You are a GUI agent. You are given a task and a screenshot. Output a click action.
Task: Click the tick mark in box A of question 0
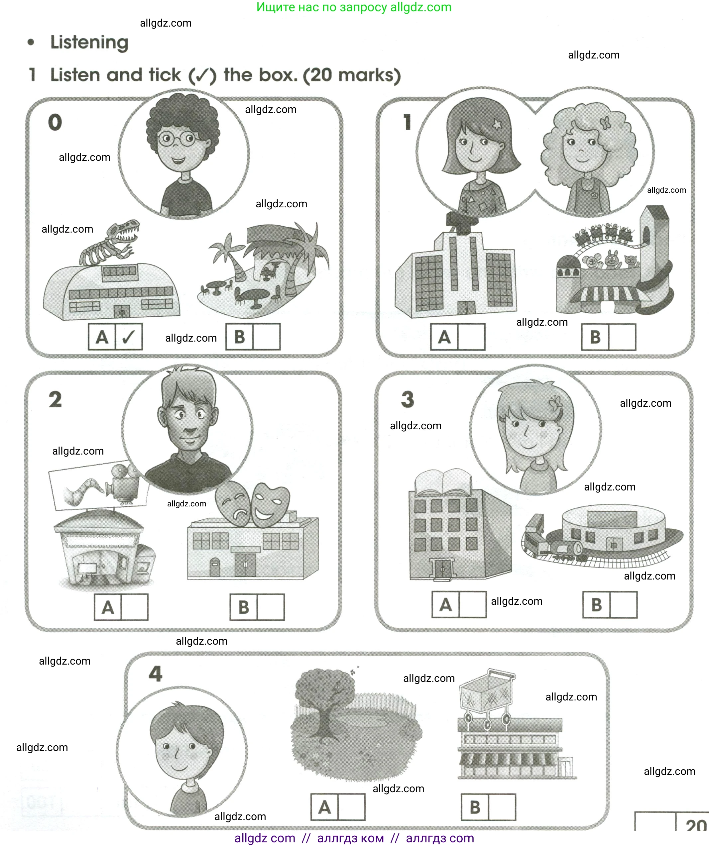pyautogui.click(x=128, y=337)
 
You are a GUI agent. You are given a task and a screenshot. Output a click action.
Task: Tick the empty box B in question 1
pyautogui.click(x=622, y=337)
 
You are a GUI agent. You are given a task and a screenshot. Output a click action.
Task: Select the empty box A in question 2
pyautogui.click(x=134, y=607)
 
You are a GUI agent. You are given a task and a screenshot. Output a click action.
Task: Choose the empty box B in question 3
pyautogui.click(x=624, y=605)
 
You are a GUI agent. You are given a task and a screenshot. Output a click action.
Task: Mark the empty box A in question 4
pyautogui.click(x=351, y=807)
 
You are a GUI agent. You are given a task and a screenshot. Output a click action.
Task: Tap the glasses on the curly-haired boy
pyautogui.click(x=177, y=139)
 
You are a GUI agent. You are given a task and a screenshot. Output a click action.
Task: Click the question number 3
pyautogui.click(x=408, y=400)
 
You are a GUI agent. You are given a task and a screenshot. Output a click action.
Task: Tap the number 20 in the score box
pyautogui.click(x=695, y=826)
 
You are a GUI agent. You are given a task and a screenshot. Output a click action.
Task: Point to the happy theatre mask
pyautogui.click(x=270, y=504)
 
